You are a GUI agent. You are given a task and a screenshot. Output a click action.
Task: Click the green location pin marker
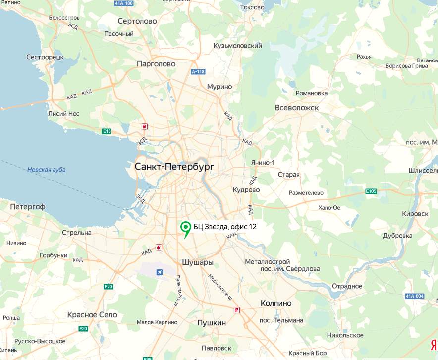click(x=186, y=228)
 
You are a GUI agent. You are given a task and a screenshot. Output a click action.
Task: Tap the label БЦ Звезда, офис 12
click(x=225, y=227)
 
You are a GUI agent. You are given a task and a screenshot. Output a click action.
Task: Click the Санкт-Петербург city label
click(x=174, y=167)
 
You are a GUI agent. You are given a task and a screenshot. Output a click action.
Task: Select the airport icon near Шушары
click(x=160, y=272)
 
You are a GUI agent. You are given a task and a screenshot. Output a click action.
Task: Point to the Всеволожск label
click(x=296, y=108)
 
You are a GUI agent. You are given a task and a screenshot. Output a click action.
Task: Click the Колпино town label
click(x=276, y=303)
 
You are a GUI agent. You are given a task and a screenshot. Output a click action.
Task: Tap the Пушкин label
click(x=212, y=323)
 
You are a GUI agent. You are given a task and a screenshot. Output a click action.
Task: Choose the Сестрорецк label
click(x=45, y=57)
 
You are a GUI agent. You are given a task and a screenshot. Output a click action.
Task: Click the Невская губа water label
click(x=47, y=170)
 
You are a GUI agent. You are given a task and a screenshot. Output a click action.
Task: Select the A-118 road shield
click(x=198, y=72)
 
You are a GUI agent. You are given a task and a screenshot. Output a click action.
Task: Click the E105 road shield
click(x=371, y=191)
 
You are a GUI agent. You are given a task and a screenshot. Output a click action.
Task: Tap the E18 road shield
click(x=107, y=131)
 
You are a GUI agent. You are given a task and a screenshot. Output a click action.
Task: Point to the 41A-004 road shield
click(x=414, y=296)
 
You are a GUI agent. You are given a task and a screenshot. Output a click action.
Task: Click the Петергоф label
click(x=28, y=206)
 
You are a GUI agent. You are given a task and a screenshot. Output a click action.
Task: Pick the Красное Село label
click(x=93, y=315)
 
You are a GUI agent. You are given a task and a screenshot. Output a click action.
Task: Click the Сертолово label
click(x=137, y=21)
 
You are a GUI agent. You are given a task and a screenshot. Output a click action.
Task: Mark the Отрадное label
click(x=347, y=286)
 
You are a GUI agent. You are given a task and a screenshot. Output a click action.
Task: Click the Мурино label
click(x=219, y=87)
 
